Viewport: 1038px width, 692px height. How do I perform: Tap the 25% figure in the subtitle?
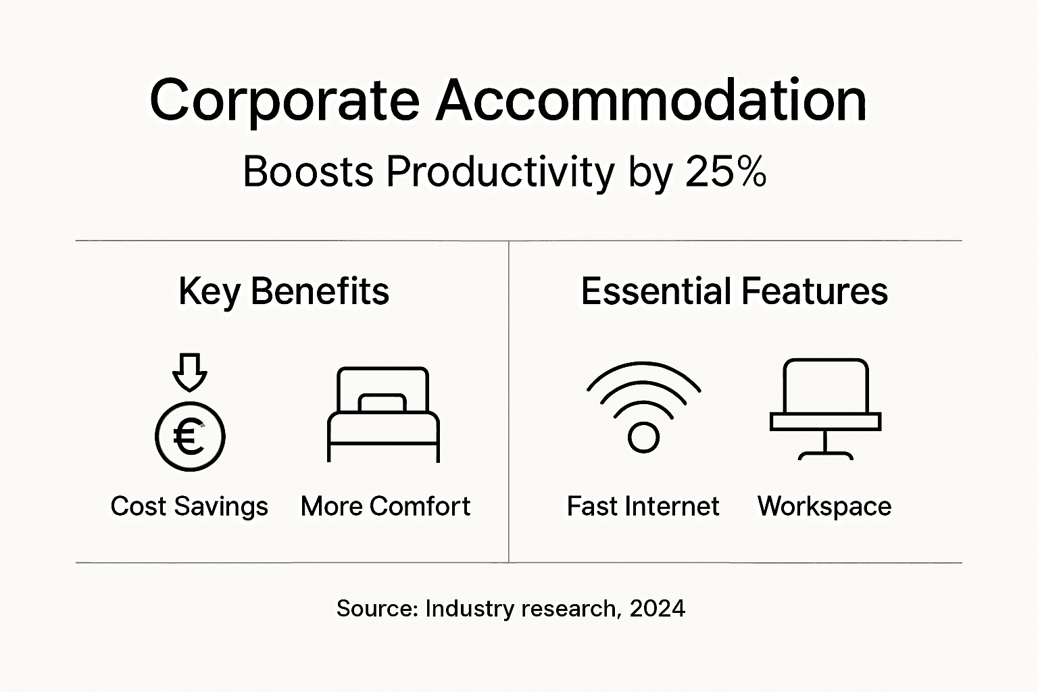coord(726,172)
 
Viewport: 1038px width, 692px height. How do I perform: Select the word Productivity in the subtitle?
coord(500,173)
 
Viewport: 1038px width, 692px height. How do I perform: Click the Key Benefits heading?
coord(284,292)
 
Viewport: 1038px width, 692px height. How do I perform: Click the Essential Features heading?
coord(735,292)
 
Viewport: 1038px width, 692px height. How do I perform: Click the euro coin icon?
coord(190,437)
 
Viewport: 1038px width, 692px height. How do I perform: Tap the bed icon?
coord(383,414)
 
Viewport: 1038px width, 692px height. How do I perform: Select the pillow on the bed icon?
coord(382,403)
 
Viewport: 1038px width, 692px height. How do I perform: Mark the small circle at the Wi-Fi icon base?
coord(643,437)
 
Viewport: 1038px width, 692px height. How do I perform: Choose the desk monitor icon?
coord(825,408)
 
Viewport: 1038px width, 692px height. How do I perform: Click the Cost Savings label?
coord(189,507)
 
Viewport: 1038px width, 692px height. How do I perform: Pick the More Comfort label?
coord(385,506)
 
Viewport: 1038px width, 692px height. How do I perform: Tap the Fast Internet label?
coord(643,506)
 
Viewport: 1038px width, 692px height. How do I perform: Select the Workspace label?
coord(824,507)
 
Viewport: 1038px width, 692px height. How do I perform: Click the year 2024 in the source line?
coord(657,609)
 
